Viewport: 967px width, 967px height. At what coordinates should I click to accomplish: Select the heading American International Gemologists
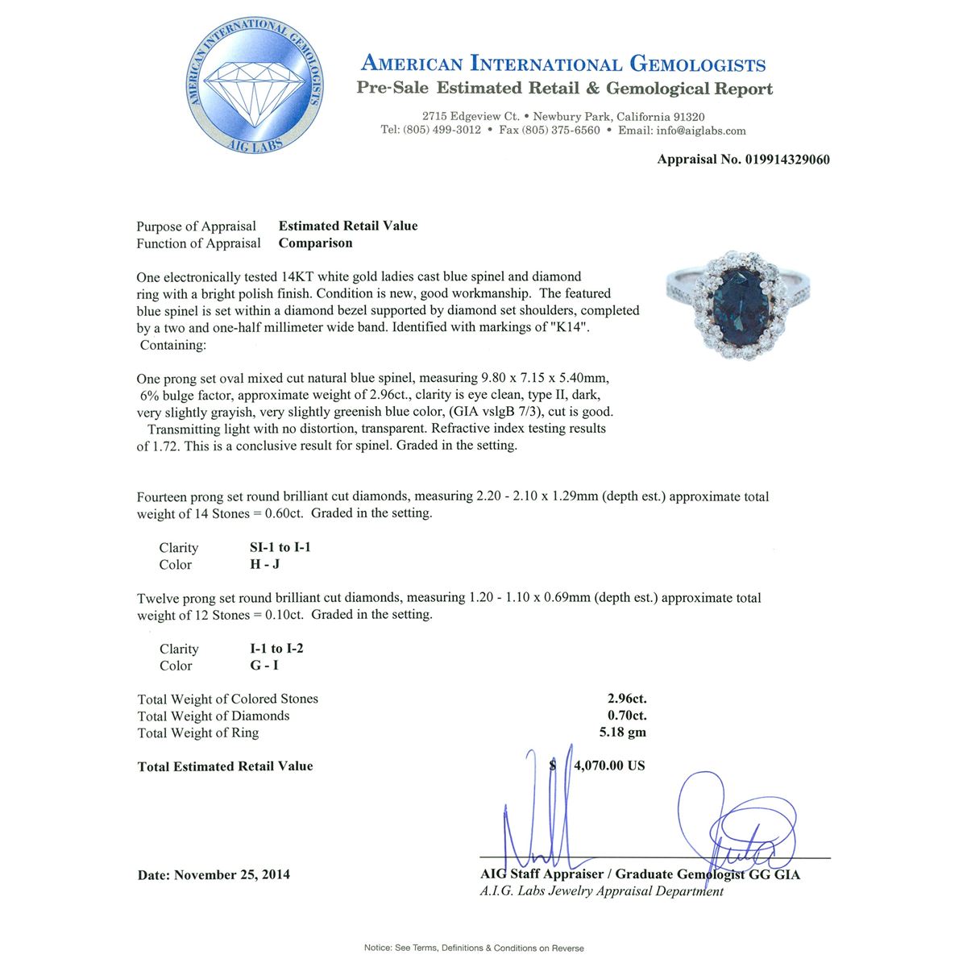[563, 64]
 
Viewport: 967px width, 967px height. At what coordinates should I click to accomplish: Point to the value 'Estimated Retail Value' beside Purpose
[348, 226]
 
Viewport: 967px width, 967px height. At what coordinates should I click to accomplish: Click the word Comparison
[315, 243]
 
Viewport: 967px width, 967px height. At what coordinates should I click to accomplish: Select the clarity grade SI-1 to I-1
[280, 548]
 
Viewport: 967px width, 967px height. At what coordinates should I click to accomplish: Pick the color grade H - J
[265, 565]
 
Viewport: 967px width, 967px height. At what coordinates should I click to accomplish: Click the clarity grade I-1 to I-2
[276, 649]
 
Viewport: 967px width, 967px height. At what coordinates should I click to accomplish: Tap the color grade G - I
[264, 666]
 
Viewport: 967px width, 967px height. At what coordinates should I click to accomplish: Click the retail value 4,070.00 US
[609, 766]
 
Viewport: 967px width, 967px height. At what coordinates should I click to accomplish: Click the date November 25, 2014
[232, 875]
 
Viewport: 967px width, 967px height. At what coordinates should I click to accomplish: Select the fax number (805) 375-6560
[561, 131]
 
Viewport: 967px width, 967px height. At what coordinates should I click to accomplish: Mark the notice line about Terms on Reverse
[474, 948]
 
